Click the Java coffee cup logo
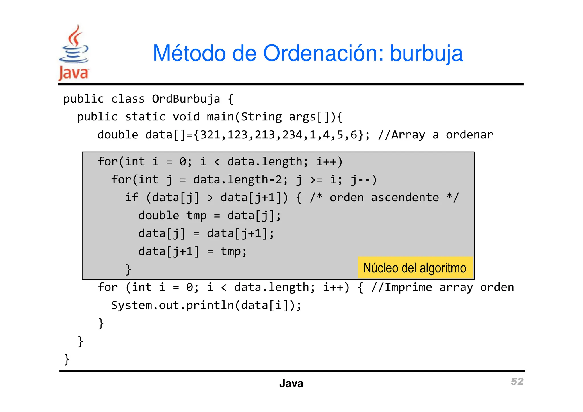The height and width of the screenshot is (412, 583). tap(74, 53)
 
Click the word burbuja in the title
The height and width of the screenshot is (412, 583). tap(426, 54)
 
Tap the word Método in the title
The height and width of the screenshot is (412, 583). tap(189, 54)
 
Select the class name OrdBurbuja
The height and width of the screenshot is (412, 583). tap(186, 99)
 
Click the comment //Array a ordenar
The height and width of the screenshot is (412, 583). tap(436, 135)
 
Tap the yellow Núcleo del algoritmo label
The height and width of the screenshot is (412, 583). tap(415, 268)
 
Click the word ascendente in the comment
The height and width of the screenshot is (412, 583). tap(405, 198)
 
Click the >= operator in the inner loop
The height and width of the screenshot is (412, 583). tap(316, 180)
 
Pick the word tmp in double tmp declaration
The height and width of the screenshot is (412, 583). tap(196, 216)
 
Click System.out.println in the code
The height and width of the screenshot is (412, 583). tap(172, 305)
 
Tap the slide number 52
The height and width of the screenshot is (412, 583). tap(517, 381)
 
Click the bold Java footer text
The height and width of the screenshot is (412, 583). tap(291, 383)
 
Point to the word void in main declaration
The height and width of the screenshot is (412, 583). tap(186, 117)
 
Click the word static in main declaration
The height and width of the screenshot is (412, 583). tap(145, 117)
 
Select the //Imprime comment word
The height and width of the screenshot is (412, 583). tap(401, 287)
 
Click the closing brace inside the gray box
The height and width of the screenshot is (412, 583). tap(128, 269)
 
